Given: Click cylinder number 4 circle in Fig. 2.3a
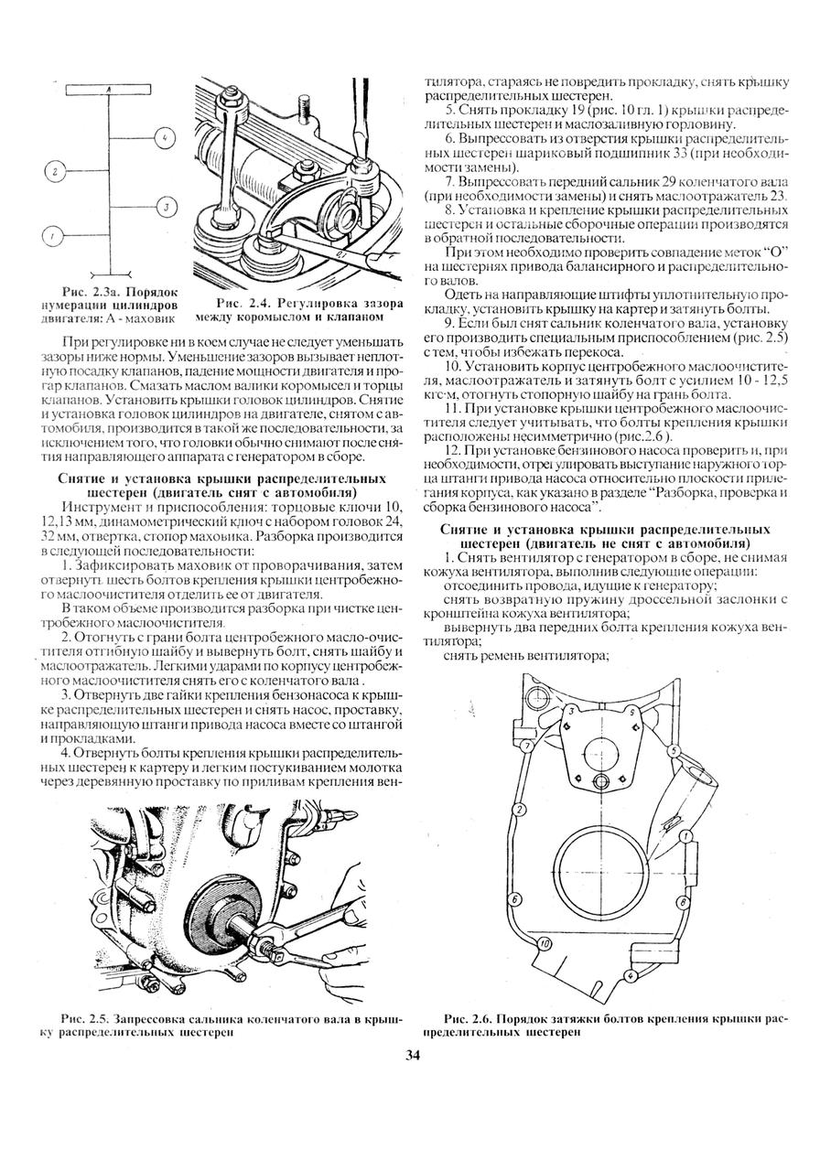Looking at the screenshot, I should pos(164,137).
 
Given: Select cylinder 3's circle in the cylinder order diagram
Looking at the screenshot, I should pos(166,207).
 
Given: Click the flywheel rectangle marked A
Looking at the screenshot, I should pos(108,88).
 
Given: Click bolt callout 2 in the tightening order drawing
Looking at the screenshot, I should pos(518,810).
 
